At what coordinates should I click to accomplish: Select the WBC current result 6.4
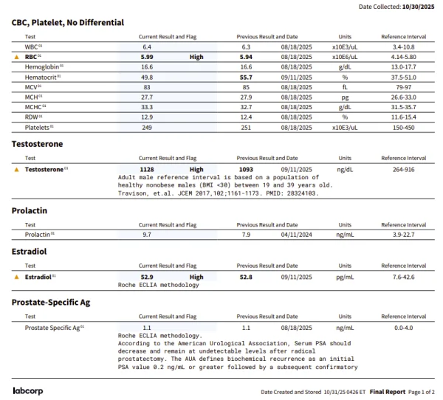coord(147,46)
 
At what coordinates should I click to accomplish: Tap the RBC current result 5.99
coord(147,56)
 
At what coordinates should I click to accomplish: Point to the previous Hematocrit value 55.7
coord(246,77)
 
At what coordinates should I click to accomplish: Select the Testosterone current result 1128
coord(147,169)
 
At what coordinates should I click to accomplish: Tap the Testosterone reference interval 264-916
coord(403,169)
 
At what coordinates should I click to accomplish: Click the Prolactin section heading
coord(30,210)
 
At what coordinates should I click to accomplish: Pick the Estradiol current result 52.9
coord(147,277)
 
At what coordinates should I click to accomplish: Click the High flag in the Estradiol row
coord(196,277)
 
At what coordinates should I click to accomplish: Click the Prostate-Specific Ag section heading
coord(51,302)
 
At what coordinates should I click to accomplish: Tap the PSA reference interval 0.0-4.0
coord(403,327)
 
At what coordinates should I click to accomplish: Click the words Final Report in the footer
coord(388,391)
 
